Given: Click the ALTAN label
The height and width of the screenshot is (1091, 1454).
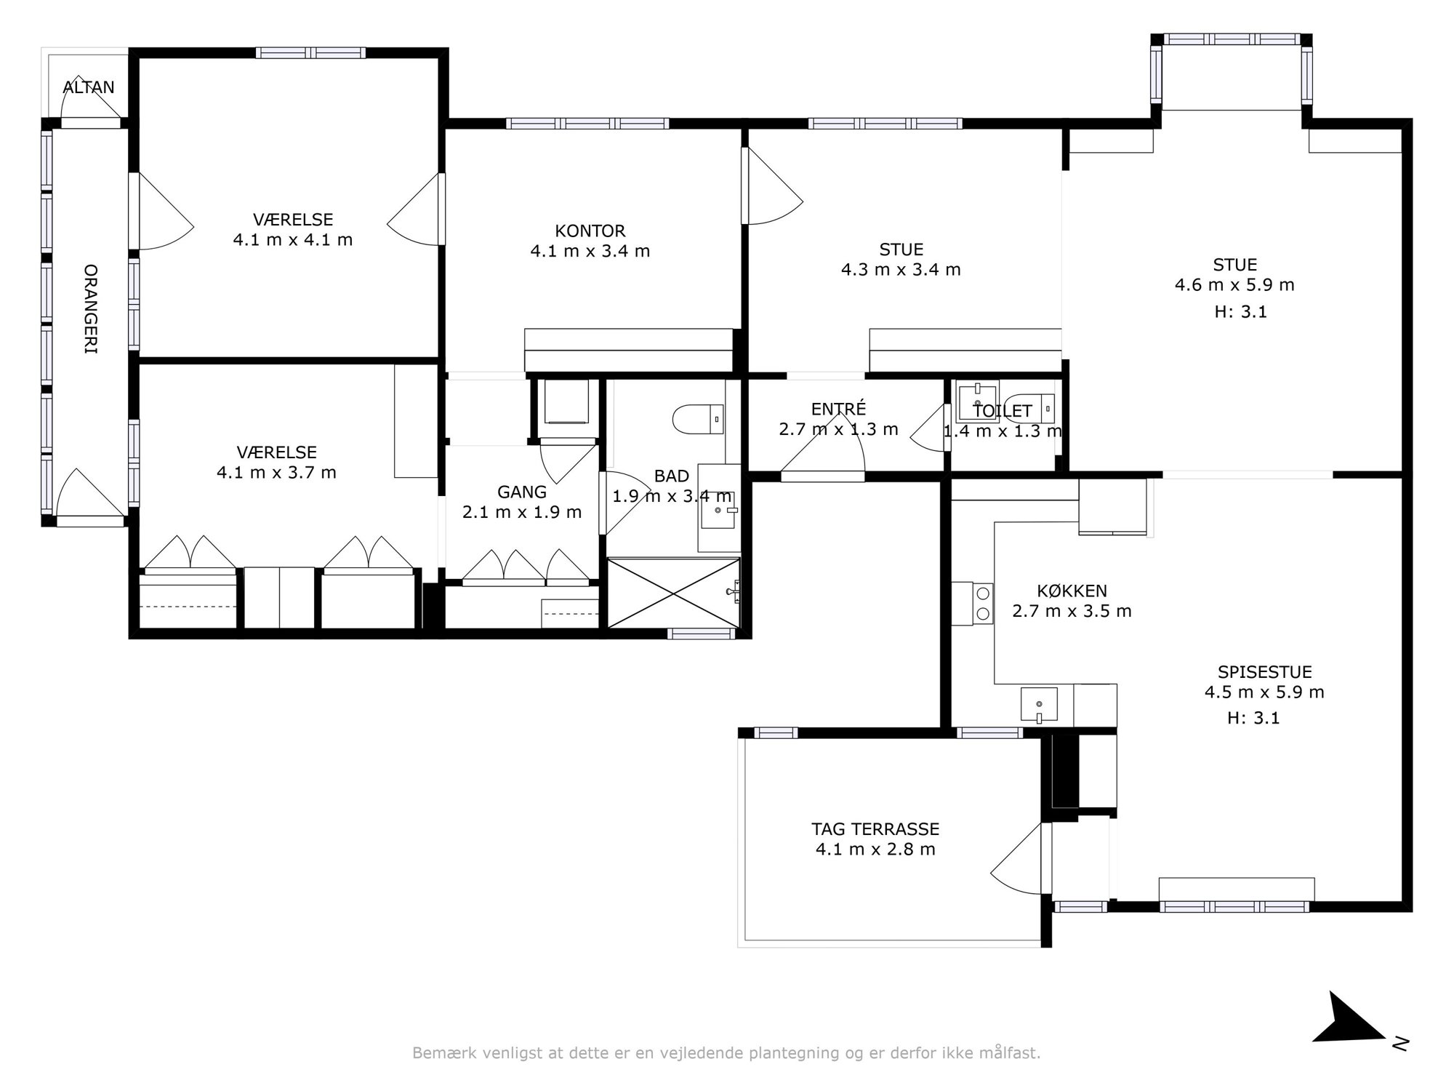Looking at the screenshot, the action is (x=89, y=87).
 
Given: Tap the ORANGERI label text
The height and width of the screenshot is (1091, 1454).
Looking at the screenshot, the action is (x=91, y=309).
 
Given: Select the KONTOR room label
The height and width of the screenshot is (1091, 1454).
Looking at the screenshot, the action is (x=590, y=231).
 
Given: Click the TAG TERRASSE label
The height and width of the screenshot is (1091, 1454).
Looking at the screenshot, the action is (x=875, y=829).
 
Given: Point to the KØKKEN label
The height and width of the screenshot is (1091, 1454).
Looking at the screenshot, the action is (x=1072, y=591).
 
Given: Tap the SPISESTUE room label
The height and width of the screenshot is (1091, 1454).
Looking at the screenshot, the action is (x=1265, y=672).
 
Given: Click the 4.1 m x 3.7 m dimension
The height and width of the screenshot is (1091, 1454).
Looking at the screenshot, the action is (x=276, y=473).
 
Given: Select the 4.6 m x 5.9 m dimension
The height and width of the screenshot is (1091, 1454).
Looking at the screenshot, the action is (x=1234, y=285).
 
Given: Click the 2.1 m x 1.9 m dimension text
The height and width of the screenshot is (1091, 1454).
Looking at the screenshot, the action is (x=522, y=512).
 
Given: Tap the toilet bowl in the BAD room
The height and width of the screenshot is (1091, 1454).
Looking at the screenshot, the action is (x=698, y=419).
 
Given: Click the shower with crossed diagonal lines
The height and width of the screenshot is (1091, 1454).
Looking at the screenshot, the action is (x=674, y=592).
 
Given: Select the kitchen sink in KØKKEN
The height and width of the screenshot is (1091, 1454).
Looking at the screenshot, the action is (x=1039, y=705).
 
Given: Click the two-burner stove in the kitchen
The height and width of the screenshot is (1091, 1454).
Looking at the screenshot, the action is (x=982, y=603).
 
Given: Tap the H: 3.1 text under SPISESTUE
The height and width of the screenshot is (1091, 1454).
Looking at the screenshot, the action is (x=1253, y=718).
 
